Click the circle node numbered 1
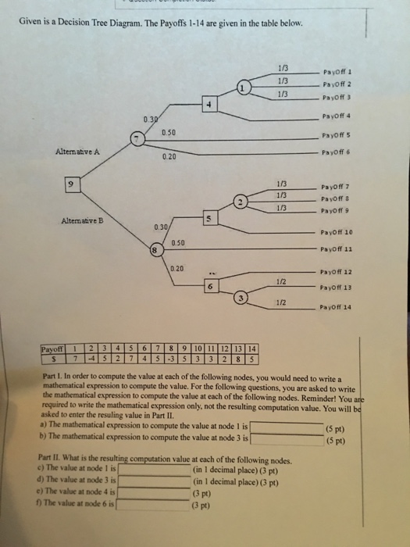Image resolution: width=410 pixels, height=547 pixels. [x=244, y=88]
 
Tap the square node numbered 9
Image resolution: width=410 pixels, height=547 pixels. [x=72, y=185]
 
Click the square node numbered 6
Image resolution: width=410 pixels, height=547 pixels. [x=209, y=287]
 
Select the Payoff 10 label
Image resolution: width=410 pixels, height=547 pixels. [x=337, y=232]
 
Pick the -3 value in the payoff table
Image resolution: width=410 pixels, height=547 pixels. [x=173, y=359]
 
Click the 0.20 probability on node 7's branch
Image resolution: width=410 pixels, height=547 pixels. [x=169, y=156]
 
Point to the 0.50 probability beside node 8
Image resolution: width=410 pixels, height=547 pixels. [x=177, y=243]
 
